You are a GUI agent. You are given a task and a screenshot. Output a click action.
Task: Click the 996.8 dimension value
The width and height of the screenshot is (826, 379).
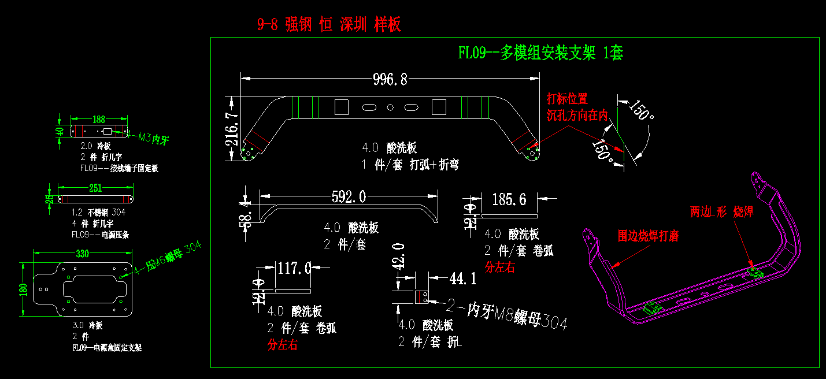click(x=391, y=79)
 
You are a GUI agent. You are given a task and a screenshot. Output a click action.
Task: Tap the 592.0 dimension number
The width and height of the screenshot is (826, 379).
click(x=349, y=197)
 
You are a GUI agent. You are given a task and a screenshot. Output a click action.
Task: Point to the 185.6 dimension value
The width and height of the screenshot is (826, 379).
click(x=509, y=200)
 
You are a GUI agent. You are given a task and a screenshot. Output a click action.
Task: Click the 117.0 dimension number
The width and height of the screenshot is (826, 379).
click(x=295, y=268)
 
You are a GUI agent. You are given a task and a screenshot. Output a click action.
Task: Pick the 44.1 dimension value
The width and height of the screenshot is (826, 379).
click(x=463, y=280)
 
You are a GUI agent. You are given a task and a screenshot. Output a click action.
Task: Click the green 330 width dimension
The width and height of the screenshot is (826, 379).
click(x=83, y=253)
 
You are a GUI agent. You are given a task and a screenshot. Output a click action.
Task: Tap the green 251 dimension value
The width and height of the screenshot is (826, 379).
click(x=95, y=188)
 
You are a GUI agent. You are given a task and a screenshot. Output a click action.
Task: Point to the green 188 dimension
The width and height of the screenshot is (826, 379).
click(x=99, y=120)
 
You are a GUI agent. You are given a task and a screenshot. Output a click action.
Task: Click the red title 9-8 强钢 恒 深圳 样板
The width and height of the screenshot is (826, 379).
click(x=329, y=24)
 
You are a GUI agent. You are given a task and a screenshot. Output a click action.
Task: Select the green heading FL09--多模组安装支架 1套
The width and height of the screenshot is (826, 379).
click(x=540, y=53)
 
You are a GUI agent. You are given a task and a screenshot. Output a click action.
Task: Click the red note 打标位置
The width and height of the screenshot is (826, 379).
click(x=567, y=99)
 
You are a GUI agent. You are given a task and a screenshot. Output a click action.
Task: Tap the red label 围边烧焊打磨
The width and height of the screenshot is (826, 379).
click(x=648, y=236)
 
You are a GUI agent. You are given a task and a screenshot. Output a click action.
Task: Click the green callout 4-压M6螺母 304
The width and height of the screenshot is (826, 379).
click(x=167, y=258)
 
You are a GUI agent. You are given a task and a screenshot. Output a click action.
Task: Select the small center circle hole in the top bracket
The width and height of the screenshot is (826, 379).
click(x=390, y=107)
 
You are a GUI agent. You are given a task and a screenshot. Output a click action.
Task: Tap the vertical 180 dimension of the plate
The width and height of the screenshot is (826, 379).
click(x=24, y=288)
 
